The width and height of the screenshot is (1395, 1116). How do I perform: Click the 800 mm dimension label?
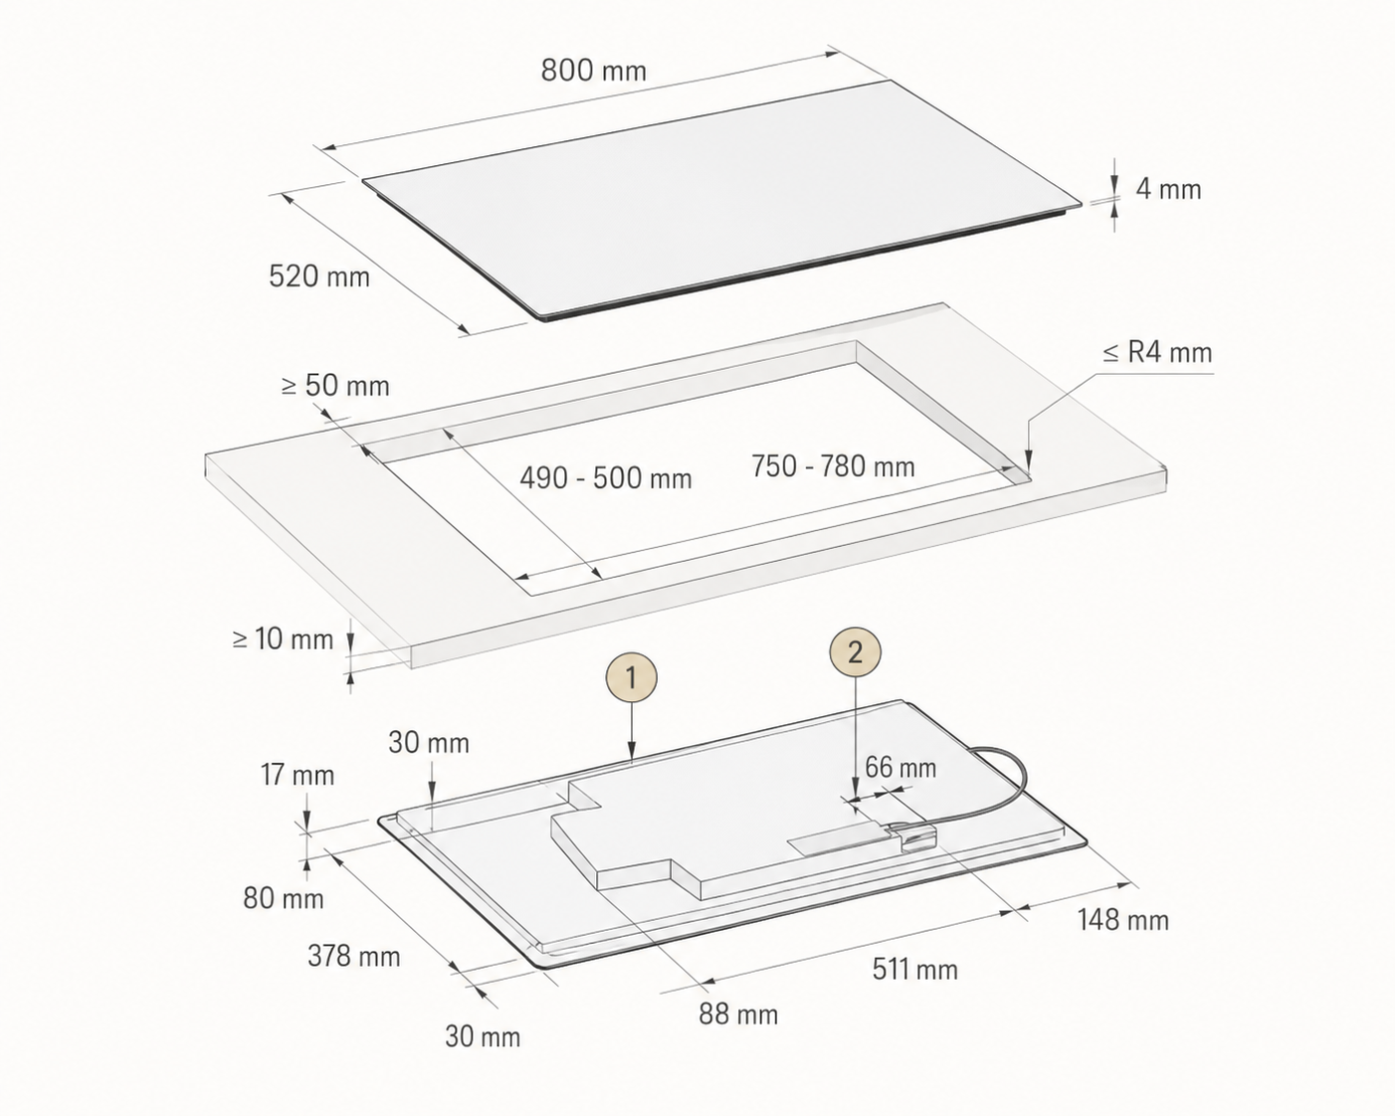coord(594,70)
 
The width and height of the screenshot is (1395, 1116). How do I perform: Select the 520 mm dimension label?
coord(319,277)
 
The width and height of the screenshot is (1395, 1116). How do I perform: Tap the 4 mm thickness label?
coord(1168,189)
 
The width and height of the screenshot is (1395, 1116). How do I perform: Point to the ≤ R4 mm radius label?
coord(1157,352)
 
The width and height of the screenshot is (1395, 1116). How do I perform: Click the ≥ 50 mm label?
coord(335,386)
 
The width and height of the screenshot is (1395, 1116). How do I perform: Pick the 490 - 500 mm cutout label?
coord(605,478)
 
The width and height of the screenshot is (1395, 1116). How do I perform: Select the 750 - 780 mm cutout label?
coord(833,465)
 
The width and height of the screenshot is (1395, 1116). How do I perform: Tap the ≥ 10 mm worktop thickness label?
coord(283,639)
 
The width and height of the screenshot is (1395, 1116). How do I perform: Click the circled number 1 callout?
coord(631,678)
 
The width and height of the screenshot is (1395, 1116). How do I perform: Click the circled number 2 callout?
coord(855,651)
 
